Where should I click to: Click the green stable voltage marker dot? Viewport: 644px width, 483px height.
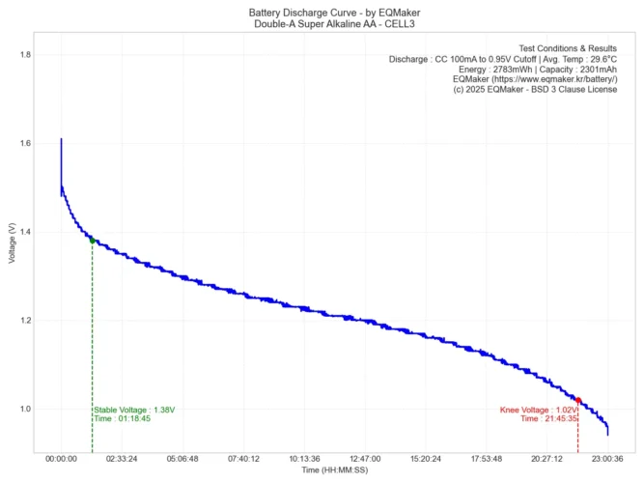pyautogui.click(x=92, y=241)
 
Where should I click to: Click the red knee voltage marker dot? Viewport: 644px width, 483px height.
pyautogui.click(x=578, y=399)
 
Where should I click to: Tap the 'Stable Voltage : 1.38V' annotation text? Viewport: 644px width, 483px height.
pyautogui.click(x=134, y=410)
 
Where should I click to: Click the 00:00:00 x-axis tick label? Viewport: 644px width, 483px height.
pyautogui.click(x=61, y=459)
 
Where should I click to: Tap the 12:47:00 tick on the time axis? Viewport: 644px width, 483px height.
pyautogui.click(x=365, y=459)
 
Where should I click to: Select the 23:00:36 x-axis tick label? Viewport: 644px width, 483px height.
pyautogui.click(x=608, y=459)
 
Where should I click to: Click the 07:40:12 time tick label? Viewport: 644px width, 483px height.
pyautogui.click(x=243, y=459)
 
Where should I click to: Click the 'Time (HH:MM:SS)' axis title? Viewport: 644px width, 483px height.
pyautogui.click(x=334, y=469)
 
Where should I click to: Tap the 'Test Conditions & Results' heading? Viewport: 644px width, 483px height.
pyautogui.click(x=568, y=48)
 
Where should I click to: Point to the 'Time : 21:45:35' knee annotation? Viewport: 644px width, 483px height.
pyautogui.click(x=548, y=419)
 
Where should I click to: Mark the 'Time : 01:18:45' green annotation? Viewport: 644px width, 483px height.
pyautogui.click(x=122, y=419)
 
